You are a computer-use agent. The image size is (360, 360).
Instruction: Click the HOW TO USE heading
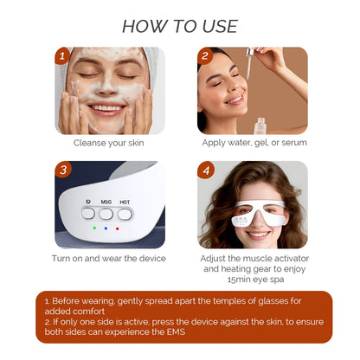point(179,25)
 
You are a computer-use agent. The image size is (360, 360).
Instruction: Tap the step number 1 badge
point(61,57)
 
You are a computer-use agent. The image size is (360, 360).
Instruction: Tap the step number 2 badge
point(205,57)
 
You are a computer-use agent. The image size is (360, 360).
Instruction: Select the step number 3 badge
point(62,170)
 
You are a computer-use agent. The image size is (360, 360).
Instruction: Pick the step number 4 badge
point(205,170)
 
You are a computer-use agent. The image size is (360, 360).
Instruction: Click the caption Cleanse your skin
point(108,143)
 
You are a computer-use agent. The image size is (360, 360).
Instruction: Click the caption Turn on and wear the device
point(108,258)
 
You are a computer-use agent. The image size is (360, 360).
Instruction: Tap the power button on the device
point(87,212)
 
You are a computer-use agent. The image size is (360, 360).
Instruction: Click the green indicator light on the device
point(93,229)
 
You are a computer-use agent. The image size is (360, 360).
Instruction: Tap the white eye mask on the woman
point(252,211)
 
